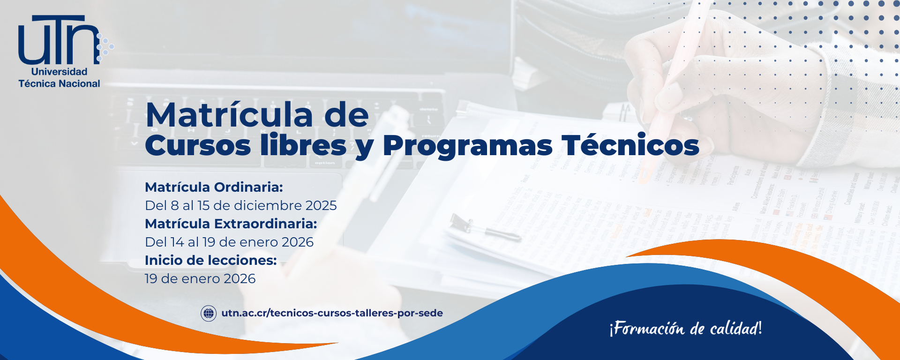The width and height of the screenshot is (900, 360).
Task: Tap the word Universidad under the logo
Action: pyautogui.click(x=59, y=72)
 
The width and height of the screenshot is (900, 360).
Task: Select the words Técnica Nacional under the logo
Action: pyautogui.click(x=59, y=83)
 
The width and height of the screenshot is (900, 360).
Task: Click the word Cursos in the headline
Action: pyautogui.click(x=198, y=145)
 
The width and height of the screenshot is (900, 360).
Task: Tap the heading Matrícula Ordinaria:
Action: pyautogui.click(x=214, y=187)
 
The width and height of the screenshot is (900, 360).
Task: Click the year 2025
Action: pyautogui.click(x=321, y=205)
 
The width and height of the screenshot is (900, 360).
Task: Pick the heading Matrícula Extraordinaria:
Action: pyautogui.click(x=231, y=224)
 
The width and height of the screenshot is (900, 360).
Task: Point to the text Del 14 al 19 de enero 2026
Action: pyautogui.click(x=229, y=242)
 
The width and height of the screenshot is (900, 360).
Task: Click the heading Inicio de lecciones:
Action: pyautogui.click(x=210, y=260)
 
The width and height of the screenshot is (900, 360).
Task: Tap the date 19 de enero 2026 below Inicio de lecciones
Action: pyautogui.click(x=200, y=278)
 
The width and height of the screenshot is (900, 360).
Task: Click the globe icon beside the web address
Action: pyautogui.click(x=209, y=313)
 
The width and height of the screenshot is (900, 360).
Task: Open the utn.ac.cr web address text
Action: pyautogui.click(x=332, y=313)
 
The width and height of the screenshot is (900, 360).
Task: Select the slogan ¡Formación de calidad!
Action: pyautogui.click(x=685, y=328)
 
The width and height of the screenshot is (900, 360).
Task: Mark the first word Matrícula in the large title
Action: pyautogui.click(x=229, y=114)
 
